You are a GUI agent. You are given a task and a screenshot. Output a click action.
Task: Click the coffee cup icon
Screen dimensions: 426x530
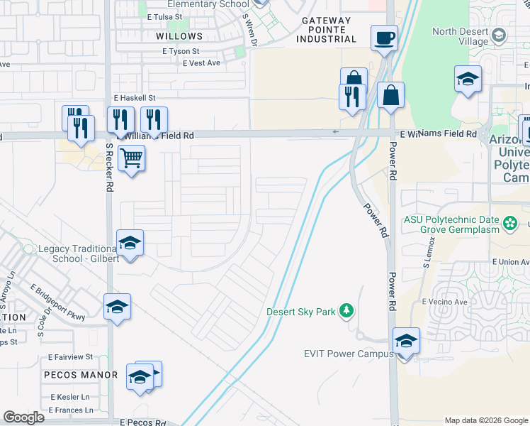(384, 37)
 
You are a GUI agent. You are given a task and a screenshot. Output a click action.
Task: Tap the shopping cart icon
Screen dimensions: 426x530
(131, 158)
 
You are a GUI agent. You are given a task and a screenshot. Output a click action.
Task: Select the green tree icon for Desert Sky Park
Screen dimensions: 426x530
(346, 310)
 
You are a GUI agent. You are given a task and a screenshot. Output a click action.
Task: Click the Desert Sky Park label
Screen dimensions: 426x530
(301, 312)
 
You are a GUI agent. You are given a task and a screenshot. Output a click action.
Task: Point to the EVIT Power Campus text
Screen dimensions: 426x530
(349, 354)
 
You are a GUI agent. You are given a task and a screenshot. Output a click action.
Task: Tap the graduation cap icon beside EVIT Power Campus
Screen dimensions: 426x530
(406, 342)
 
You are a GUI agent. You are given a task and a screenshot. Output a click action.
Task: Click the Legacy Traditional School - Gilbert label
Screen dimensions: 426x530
(67, 254)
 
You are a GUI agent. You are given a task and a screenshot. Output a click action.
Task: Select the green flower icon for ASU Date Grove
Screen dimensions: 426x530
(510, 224)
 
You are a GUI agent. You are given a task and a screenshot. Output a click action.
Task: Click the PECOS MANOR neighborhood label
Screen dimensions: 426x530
(80, 375)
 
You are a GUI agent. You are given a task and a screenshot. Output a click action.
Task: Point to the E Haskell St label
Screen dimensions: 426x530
(134, 98)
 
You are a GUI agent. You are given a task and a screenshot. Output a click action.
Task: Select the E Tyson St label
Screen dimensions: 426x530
(181, 51)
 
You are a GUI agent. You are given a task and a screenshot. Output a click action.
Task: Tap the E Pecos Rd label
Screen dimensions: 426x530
(142, 422)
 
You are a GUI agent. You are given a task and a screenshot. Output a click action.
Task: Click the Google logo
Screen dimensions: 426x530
(24, 417)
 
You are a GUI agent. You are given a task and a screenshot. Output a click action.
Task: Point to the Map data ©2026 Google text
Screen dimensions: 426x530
(486, 420)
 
